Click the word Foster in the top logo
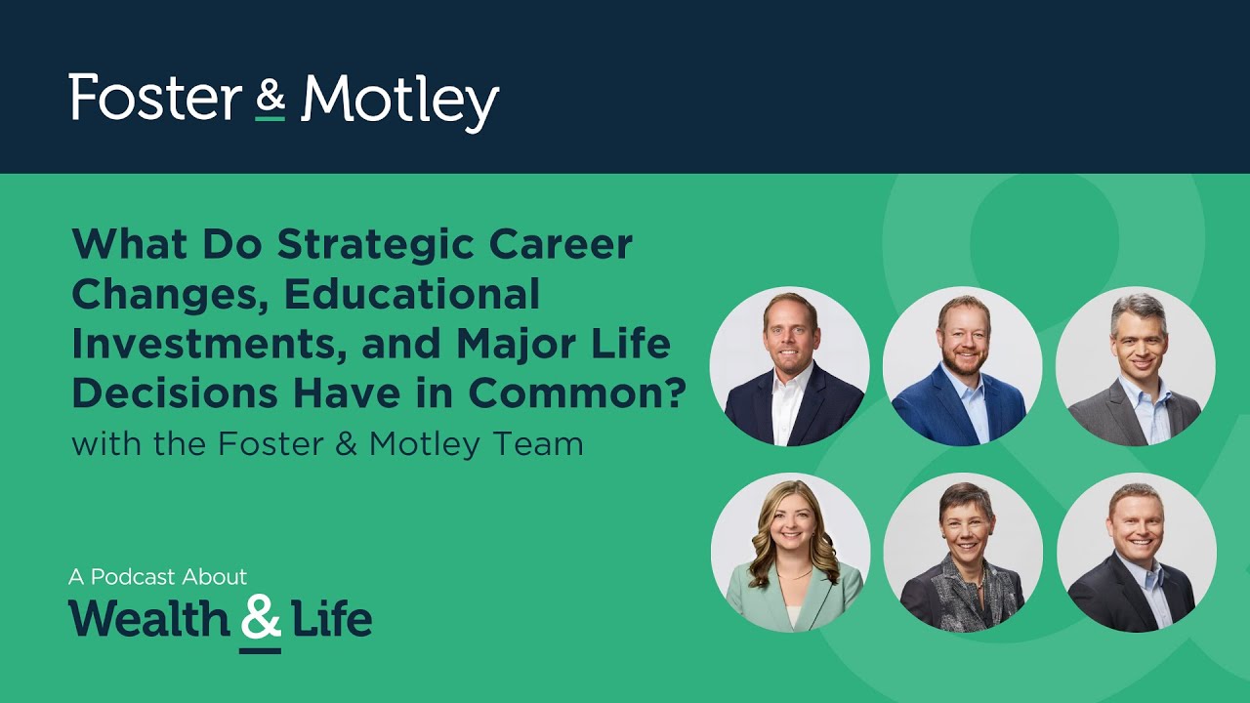pyautogui.click(x=155, y=98)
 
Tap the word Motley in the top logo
pyautogui.click(x=399, y=100)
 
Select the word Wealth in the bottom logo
pyautogui.click(x=147, y=619)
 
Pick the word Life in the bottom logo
pyautogui.click(x=331, y=619)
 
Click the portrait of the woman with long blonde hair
pyautogui.click(x=790, y=553)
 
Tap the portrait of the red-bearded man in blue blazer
pyautogui.click(x=962, y=366)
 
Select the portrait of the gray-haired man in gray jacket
pyautogui.click(x=1135, y=366)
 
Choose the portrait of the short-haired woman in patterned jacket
pyautogui.click(x=963, y=553)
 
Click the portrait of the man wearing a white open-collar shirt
pyautogui.click(x=789, y=366)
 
